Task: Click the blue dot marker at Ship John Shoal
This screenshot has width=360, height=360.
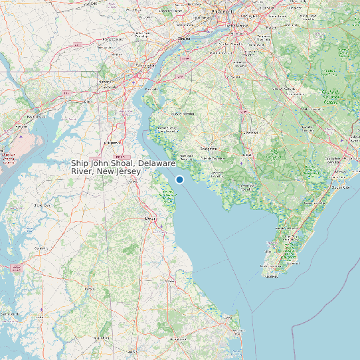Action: click(x=179, y=179)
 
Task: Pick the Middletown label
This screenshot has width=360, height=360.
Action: click(x=112, y=142)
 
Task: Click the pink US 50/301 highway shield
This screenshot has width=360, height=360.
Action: click(x=17, y=268)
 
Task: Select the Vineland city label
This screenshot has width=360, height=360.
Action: click(x=249, y=132)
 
